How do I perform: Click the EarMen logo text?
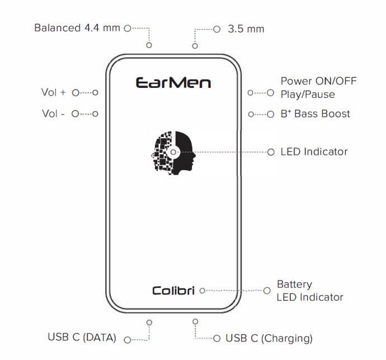(173, 82)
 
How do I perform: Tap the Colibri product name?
(173, 291)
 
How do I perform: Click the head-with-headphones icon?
(173, 153)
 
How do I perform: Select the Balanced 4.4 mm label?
(77, 28)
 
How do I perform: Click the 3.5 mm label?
(246, 29)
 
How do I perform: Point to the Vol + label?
(53, 92)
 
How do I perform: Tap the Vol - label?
(53, 114)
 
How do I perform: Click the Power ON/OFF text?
(318, 81)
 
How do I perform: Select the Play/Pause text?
(308, 95)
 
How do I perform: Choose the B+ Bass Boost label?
(315, 114)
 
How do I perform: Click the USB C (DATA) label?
(82, 338)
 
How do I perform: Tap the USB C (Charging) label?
(269, 338)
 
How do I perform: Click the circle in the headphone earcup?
(173, 152)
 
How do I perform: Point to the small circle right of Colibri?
(203, 291)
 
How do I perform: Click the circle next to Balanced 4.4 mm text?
(128, 29)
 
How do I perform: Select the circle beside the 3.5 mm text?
(216, 29)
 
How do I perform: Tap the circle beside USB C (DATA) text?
(128, 340)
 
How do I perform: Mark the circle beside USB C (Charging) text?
(216, 338)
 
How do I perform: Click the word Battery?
(294, 284)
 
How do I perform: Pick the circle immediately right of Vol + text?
(76, 92)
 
